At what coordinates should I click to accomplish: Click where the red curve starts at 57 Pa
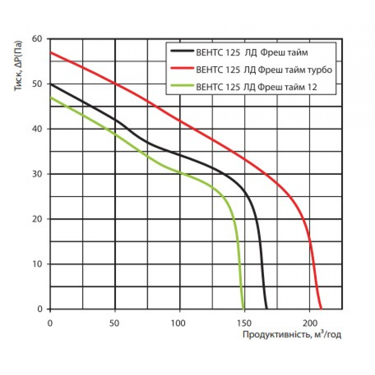point(50,52)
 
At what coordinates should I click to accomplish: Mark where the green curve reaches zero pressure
point(244,309)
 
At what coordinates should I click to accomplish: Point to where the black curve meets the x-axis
point(266,309)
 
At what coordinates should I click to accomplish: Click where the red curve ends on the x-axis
point(321,309)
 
